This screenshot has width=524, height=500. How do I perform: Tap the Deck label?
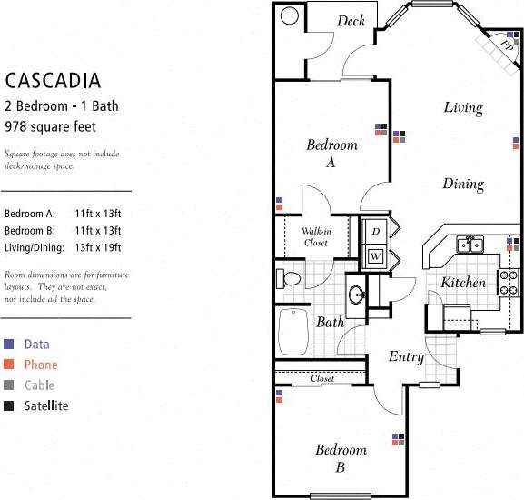click(351, 21)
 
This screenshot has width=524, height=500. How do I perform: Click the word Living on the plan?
click(462, 108)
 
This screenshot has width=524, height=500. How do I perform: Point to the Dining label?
click(462, 184)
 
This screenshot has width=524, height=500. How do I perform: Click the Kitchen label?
click(463, 283)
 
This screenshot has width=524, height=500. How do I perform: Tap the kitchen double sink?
click(469, 244)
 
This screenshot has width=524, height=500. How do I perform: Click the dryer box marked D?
click(375, 232)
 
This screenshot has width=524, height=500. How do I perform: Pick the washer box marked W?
click(375, 256)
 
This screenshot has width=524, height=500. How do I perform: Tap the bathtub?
click(293, 332)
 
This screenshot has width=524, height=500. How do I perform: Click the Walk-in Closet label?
click(315, 237)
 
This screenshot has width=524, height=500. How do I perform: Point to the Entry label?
click(406, 357)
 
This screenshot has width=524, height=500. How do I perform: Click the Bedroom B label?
click(341, 458)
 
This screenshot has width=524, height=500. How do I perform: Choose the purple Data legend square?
click(9, 345)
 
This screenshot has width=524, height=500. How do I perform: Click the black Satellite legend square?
click(9, 405)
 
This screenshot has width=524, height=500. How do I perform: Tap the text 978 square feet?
click(50, 126)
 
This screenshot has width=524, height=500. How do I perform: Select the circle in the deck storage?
click(291, 15)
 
